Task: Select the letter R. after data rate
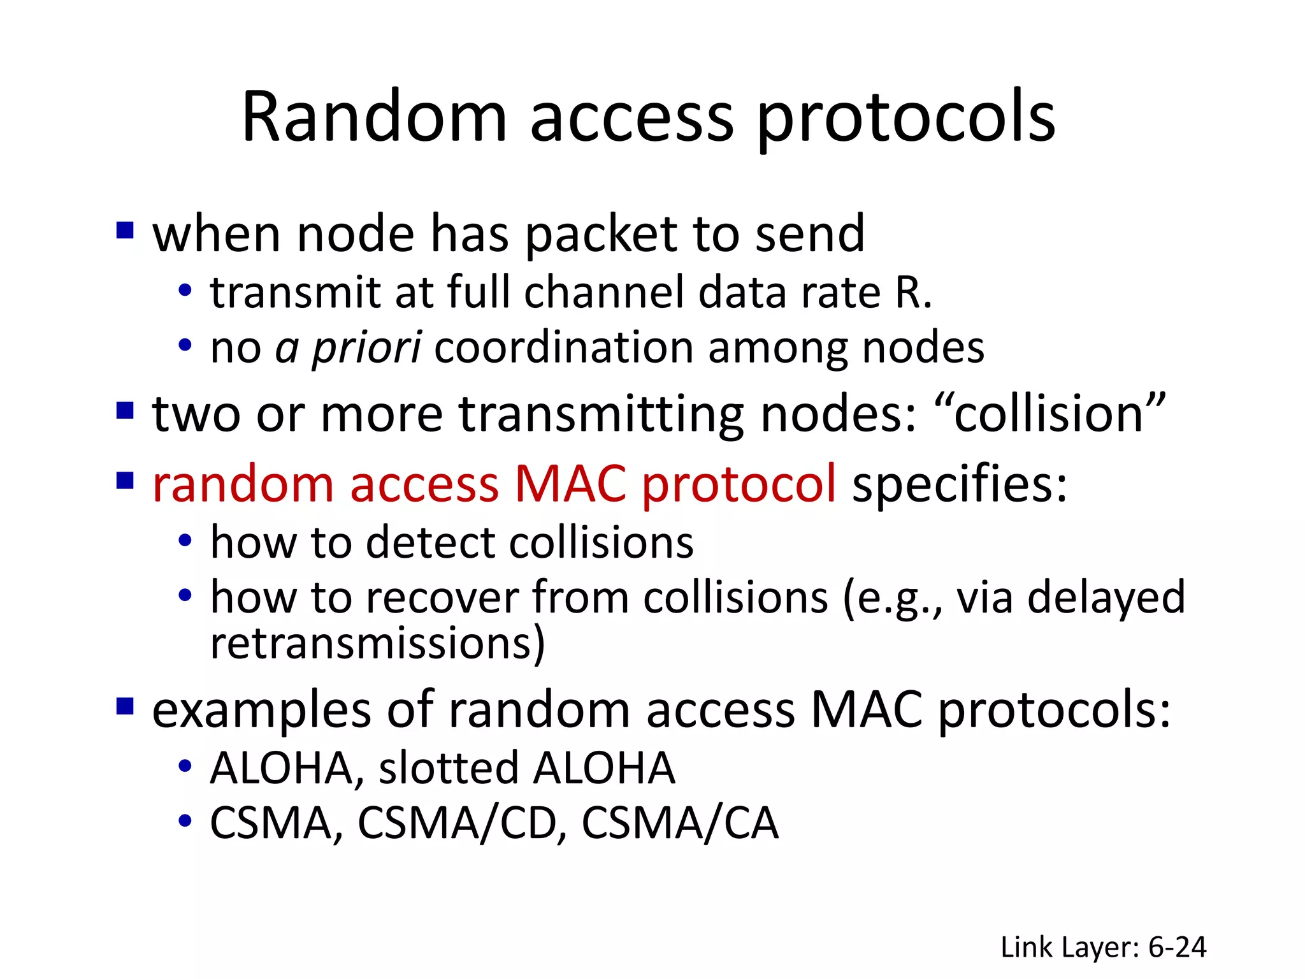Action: [913, 293]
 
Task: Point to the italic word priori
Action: [366, 349]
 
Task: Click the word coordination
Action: [563, 348]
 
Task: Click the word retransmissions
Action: [377, 643]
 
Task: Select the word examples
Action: [261, 711]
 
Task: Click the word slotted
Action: [448, 767]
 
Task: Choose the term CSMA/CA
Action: [680, 823]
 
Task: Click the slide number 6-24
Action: [1177, 947]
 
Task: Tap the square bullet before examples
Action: [125, 706]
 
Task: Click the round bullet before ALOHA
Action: [185, 765]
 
